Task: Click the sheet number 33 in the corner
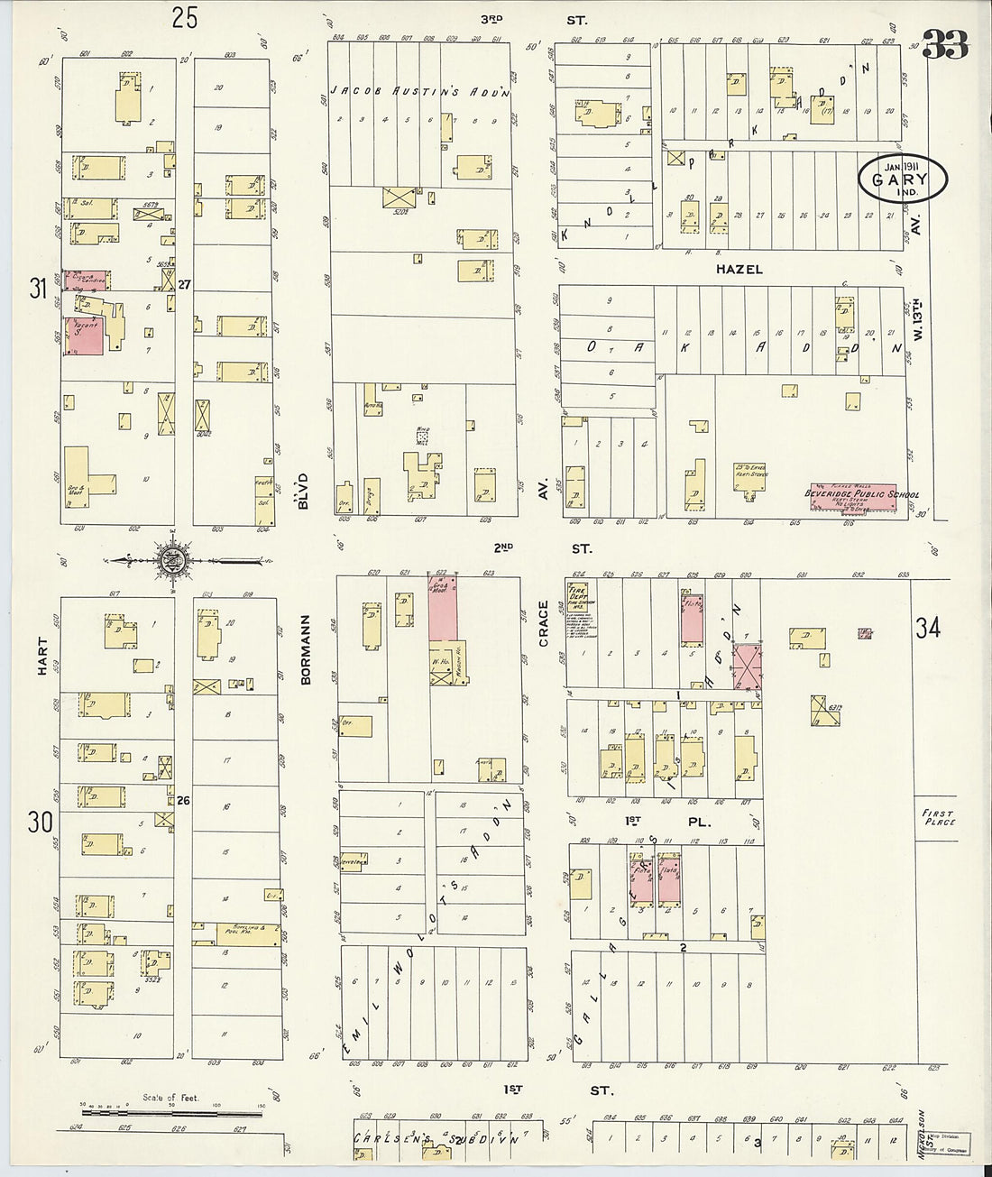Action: (x=945, y=43)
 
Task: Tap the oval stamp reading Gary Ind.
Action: (x=903, y=178)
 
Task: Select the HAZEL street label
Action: (x=739, y=269)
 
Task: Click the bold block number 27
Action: (x=185, y=284)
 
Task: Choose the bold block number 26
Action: (x=185, y=799)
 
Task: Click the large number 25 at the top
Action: (x=185, y=18)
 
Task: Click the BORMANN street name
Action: (x=305, y=649)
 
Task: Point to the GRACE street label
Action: (x=544, y=623)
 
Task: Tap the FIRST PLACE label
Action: (x=938, y=818)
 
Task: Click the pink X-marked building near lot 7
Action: (x=747, y=668)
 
